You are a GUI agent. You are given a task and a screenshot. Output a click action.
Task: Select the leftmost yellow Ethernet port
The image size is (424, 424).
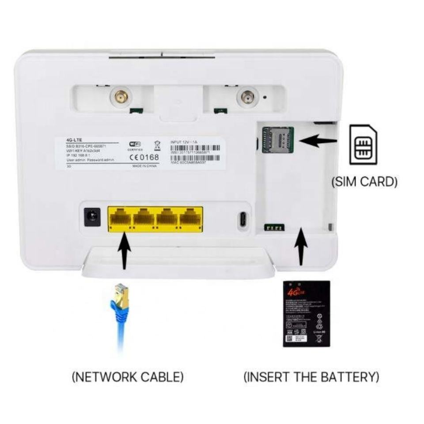(x=121, y=219)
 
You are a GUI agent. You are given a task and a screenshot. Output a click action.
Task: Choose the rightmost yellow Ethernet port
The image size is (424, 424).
(x=191, y=219)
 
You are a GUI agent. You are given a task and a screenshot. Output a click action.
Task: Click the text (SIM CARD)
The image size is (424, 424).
(x=364, y=182)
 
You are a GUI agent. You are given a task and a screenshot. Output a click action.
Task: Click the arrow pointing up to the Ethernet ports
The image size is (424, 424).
(x=124, y=252)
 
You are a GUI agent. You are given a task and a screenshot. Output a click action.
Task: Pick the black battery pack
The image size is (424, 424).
(x=306, y=313)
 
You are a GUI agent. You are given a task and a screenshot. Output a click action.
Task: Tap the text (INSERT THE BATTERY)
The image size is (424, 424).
(x=311, y=377)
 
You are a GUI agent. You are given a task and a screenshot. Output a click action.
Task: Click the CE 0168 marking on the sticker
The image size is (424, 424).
(x=144, y=158)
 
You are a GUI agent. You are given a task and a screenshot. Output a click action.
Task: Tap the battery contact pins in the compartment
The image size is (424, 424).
(x=274, y=228)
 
